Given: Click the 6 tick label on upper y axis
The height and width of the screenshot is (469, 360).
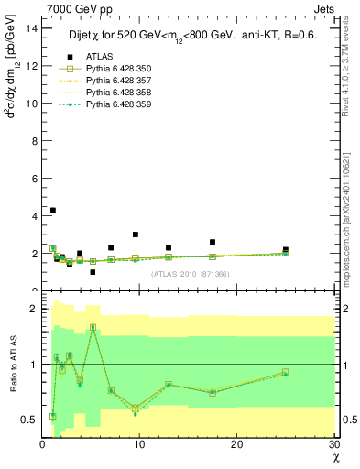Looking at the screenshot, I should [x=35, y=179].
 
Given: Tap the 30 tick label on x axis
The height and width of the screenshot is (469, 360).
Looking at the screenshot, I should [x=333, y=444].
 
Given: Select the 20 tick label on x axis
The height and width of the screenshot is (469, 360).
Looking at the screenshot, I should [x=236, y=444].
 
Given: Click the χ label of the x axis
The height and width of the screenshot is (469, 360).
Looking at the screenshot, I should [x=335, y=457].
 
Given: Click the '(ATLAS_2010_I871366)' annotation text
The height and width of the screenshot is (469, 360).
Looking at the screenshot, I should [x=190, y=274].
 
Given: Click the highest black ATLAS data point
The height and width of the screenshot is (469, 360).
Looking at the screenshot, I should [x=53, y=210].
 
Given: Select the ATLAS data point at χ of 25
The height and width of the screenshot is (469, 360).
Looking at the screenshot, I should [x=286, y=249].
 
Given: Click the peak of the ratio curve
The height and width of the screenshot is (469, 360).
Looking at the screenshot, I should [x=93, y=327].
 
